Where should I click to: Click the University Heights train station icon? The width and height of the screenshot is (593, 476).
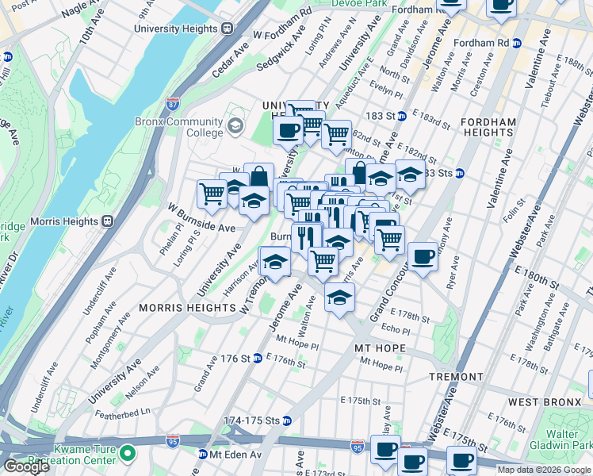click(227, 29)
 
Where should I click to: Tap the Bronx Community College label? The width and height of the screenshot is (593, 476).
click(189, 128)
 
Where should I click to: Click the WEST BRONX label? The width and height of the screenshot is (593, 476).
click(545, 402)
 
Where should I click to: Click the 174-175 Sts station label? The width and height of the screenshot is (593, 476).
click(253, 420)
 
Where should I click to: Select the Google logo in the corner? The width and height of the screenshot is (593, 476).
click(26, 466)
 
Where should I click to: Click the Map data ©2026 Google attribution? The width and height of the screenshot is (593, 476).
click(544, 470)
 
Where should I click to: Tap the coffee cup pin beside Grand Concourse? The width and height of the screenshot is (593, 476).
click(423, 257)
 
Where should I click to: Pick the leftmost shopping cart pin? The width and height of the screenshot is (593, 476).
click(212, 193)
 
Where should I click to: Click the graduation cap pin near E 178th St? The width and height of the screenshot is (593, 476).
click(339, 298)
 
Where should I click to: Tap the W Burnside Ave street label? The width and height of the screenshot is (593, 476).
click(201, 217)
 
